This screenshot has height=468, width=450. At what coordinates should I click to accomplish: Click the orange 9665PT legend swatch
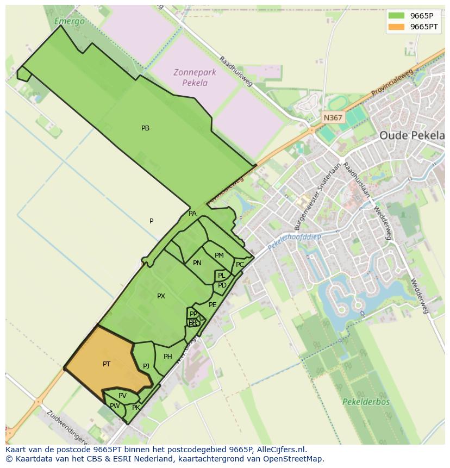[x=397, y=27]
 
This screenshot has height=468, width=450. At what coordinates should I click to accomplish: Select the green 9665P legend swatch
[x=397, y=16]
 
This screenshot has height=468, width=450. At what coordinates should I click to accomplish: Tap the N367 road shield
[x=333, y=117]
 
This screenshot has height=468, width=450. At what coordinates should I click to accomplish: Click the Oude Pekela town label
[x=411, y=135]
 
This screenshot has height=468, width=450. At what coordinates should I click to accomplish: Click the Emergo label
[x=70, y=22]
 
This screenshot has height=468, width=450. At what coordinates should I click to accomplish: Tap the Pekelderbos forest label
[x=366, y=402]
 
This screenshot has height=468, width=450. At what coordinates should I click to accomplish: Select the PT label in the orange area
[x=107, y=364]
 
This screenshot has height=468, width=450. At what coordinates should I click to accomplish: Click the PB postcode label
[x=145, y=128]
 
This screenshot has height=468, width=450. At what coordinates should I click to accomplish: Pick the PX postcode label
[x=161, y=296]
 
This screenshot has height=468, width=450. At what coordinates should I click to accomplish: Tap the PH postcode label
[x=167, y=357]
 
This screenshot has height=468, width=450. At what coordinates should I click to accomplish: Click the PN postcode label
[x=197, y=263]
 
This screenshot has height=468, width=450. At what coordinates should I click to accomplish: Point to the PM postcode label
[x=219, y=255]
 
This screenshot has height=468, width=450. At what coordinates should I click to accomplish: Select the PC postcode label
[x=240, y=265]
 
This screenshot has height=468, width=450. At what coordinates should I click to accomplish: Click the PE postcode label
[x=212, y=305]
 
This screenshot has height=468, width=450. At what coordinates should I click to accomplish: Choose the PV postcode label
[x=122, y=396]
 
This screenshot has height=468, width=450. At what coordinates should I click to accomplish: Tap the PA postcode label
[x=192, y=214]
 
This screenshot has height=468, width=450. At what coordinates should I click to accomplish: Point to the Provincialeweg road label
[x=392, y=83]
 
